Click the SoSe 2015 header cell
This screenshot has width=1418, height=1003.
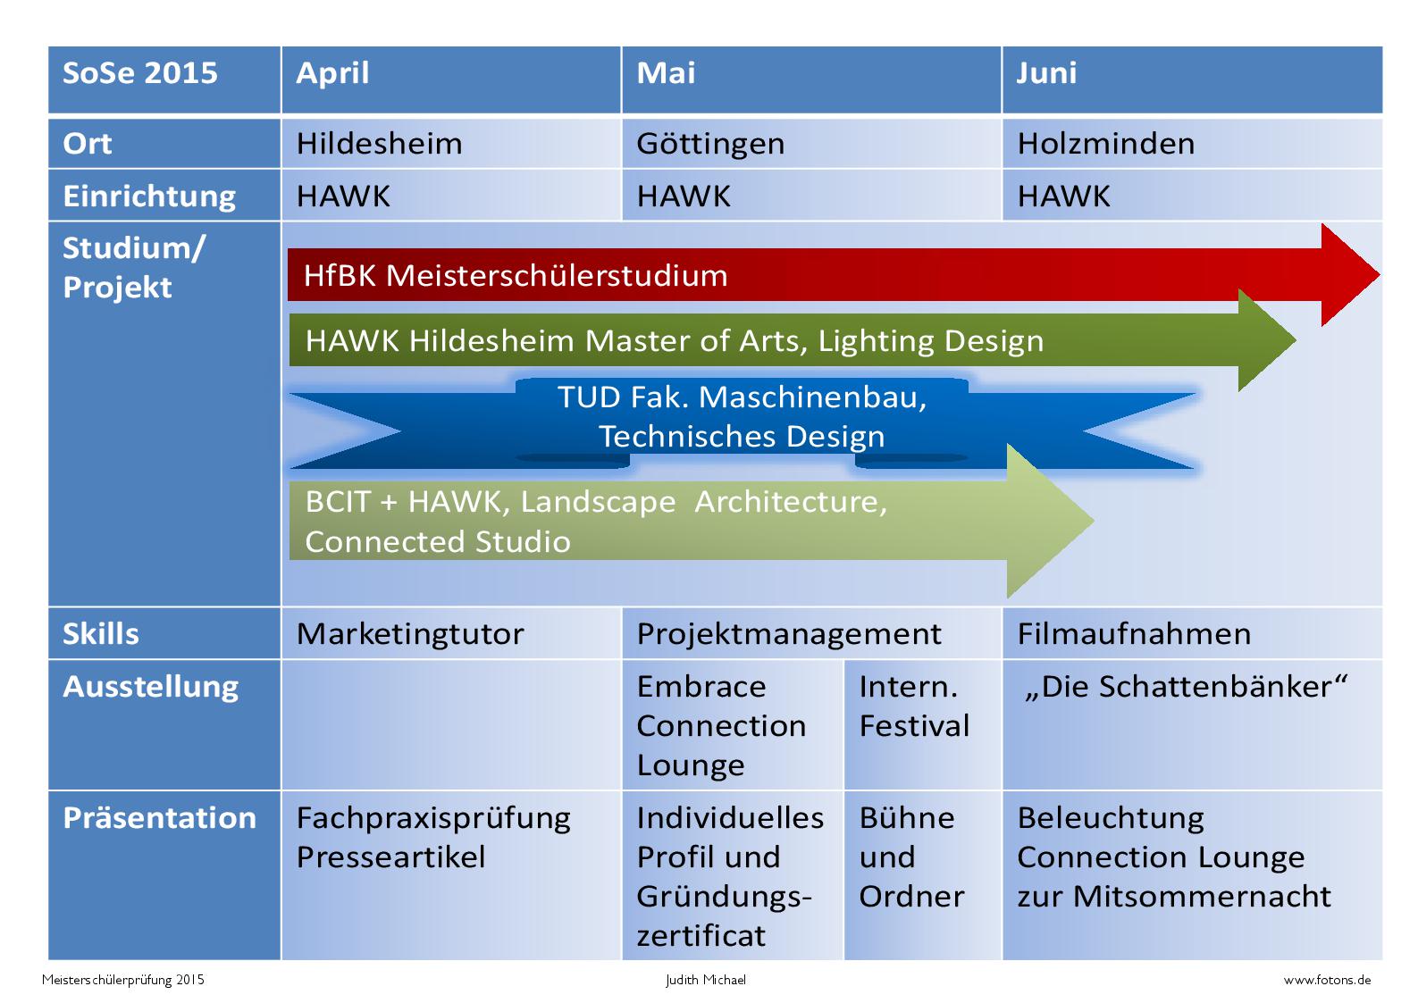[164, 79]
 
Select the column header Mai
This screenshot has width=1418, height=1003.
[811, 79]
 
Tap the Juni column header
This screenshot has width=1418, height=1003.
[1193, 79]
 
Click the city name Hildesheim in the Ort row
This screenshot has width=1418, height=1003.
[379, 144]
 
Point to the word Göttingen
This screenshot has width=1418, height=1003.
[710, 145]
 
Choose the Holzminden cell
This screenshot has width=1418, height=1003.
[1193, 144]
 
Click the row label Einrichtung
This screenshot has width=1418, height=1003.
[149, 196]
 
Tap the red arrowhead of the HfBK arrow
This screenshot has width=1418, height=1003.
[1349, 274]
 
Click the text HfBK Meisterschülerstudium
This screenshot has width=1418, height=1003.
[516, 276]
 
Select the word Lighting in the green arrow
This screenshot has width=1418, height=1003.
[874, 342]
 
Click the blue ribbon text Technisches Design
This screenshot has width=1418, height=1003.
[742, 437]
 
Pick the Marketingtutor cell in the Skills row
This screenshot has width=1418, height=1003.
[451, 633]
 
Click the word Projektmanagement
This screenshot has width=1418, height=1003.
[789, 634]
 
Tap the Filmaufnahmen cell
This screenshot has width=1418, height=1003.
[1193, 633]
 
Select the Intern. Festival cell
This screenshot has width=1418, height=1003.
[923, 724]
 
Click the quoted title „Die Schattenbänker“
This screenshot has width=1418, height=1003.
[1186, 687]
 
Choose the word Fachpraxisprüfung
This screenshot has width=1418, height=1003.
[433, 819]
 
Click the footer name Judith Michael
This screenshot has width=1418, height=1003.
[706, 980]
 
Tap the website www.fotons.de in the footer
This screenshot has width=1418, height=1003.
[1327, 980]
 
